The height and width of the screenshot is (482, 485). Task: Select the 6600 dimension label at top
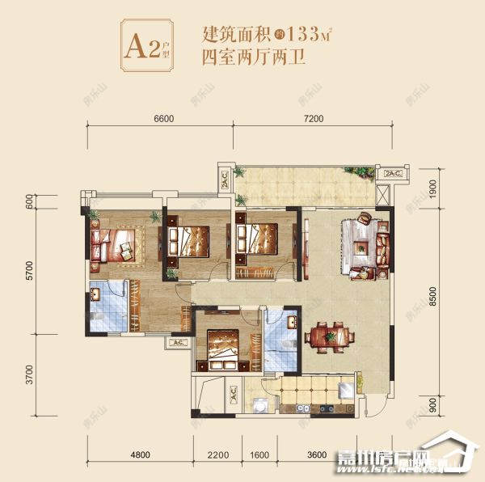pos(162,119)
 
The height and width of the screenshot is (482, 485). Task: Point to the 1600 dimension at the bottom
pos(259,454)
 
